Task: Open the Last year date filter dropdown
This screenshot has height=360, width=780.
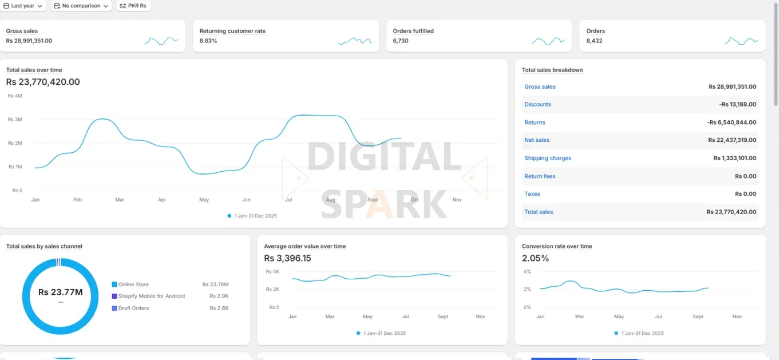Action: click(23, 6)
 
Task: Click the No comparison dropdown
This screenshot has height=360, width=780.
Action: click(80, 6)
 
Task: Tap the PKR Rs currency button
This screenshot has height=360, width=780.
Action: click(133, 6)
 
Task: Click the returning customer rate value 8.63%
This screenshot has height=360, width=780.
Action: click(208, 41)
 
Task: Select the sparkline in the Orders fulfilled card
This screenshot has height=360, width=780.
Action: click(548, 41)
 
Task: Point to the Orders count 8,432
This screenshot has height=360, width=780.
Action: click(594, 41)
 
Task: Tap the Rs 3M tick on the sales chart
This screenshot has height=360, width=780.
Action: click(15, 120)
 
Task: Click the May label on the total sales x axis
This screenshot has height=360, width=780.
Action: click(204, 200)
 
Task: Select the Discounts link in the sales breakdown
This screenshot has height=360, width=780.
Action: click(537, 105)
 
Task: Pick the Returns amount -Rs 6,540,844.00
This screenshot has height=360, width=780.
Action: click(731, 122)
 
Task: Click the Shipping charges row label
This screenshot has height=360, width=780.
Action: click(548, 159)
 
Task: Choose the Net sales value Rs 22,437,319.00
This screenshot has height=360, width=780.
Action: click(732, 140)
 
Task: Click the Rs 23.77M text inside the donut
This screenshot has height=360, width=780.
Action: click(60, 292)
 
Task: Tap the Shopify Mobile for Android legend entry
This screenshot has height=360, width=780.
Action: click(151, 296)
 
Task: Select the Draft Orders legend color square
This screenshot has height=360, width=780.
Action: click(114, 308)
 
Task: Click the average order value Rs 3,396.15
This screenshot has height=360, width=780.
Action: click(287, 258)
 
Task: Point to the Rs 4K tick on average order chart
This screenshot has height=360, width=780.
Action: click(272, 272)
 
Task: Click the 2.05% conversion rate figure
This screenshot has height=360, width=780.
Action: click(535, 258)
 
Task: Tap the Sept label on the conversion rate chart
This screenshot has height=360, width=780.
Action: click(698, 317)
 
